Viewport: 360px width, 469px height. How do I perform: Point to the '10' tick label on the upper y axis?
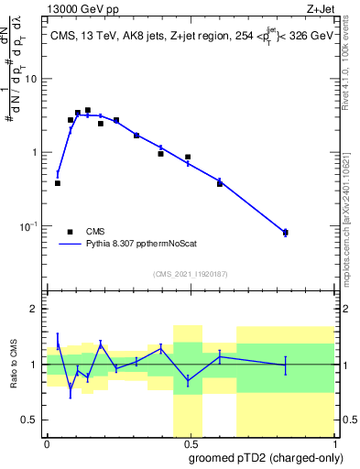(33, 79)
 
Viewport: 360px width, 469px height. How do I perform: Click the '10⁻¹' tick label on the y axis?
(31, 225)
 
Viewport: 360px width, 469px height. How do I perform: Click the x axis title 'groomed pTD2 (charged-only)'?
(266, 458)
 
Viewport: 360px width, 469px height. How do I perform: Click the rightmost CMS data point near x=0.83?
(285, 233)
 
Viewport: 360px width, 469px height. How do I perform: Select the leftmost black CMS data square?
(58, 183)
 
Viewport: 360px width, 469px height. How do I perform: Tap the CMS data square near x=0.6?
(220, 184)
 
